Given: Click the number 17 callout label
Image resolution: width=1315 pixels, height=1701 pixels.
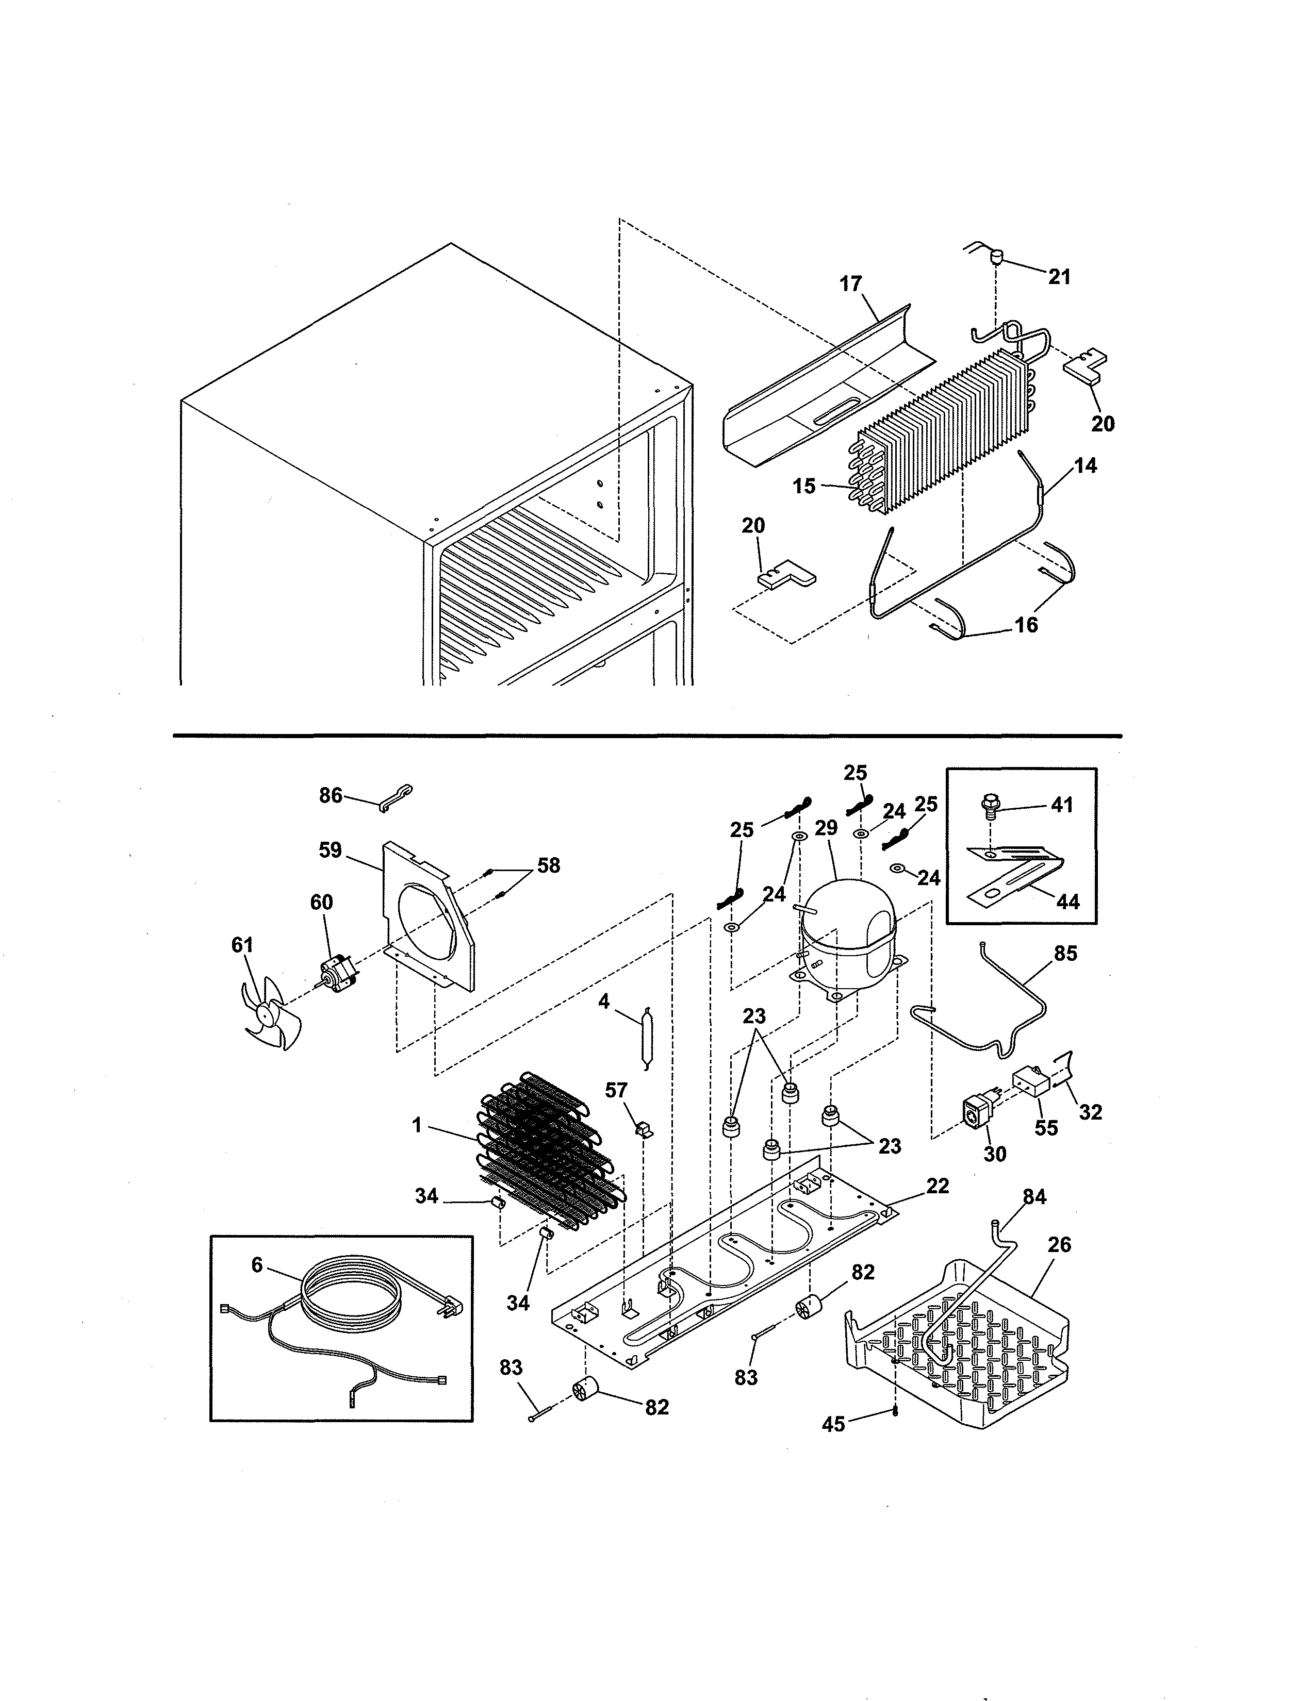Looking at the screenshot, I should pos(851,283).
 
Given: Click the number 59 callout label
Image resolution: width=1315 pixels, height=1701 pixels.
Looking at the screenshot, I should pos(331,849).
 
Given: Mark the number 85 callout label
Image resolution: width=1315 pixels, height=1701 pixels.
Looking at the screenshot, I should pos(1065,953).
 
